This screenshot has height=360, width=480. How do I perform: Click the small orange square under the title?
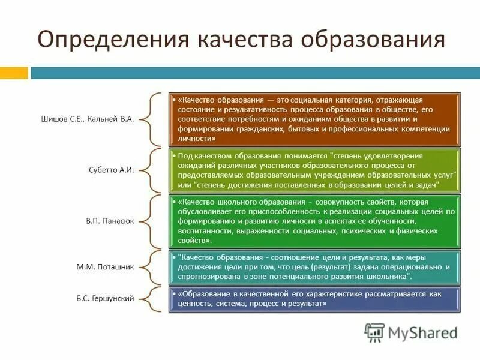14,73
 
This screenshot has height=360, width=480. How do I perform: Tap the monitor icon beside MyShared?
375,331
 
